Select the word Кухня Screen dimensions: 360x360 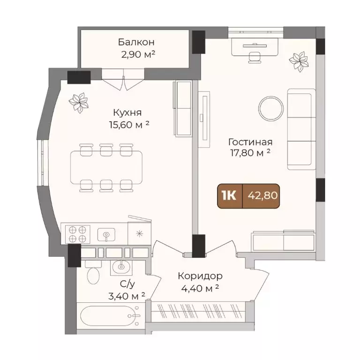[127, 112]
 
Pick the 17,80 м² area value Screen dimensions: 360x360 [250, 153]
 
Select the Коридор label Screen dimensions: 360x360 [200, 276]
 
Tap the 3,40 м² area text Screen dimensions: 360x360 [126, 295]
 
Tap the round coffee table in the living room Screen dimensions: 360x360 [272, 108]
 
